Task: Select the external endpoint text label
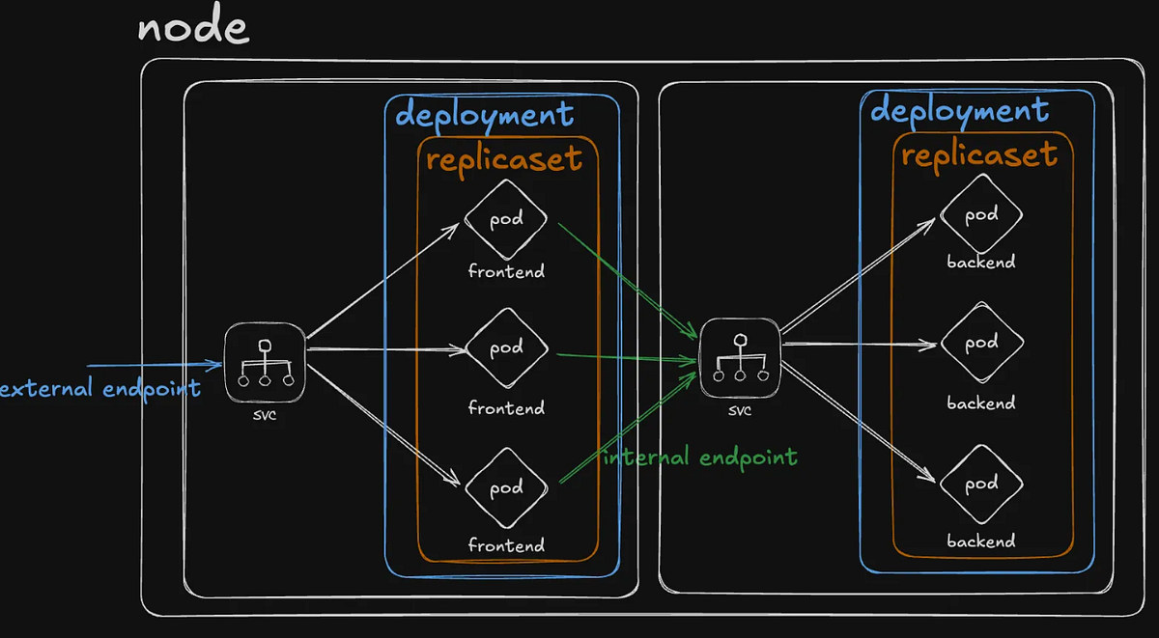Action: (100, 388)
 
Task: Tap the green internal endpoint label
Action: (700, 457)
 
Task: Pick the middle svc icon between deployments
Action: (740, 359)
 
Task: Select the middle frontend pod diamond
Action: (506, 348)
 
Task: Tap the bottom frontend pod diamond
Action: (506, 487)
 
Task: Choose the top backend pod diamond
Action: (981, 215)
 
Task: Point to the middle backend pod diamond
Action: (981, 342)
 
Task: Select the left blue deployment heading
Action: (485, 116)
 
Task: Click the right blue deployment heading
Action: (959, 111)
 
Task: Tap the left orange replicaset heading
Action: (504, 158)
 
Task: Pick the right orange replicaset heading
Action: (979, 154)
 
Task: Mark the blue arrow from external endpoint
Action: (155, 365)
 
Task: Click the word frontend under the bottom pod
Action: (506, 545)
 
